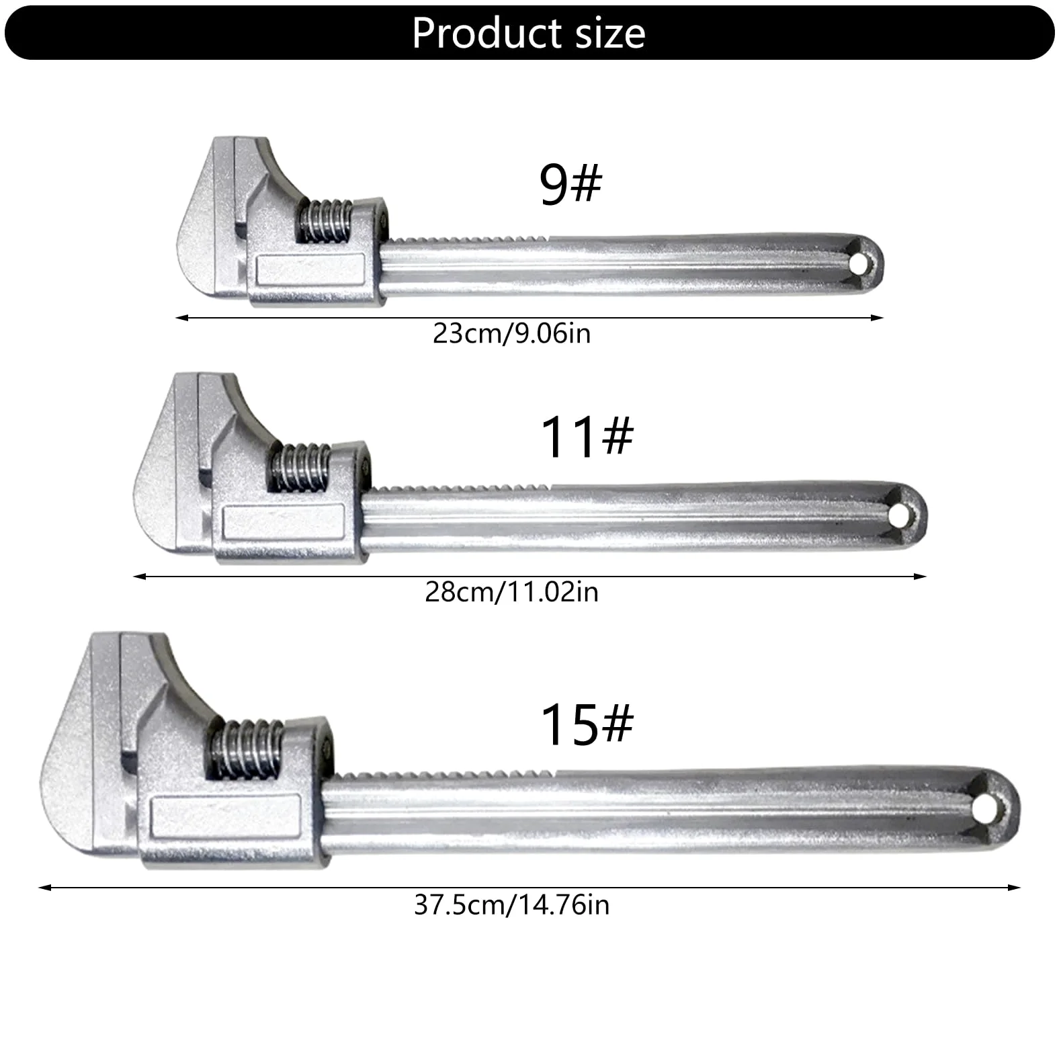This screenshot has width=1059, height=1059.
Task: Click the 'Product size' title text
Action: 529,33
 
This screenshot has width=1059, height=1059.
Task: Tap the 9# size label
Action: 570,184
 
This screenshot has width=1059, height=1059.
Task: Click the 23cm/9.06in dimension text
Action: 511,334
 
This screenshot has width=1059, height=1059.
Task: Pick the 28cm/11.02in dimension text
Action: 511,592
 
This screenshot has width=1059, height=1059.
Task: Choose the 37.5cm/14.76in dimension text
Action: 511,904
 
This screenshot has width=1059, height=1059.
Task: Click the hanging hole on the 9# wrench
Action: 858,265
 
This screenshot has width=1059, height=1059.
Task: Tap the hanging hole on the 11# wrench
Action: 898,517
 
